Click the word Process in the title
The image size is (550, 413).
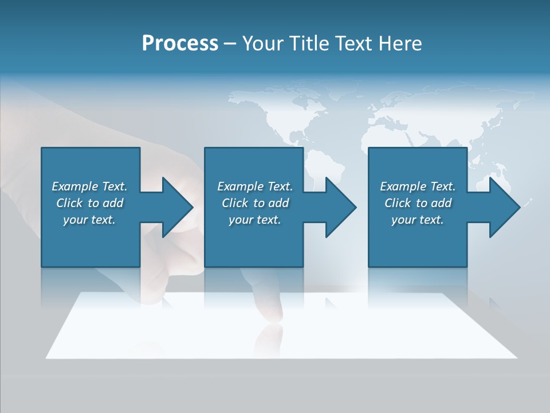click(x=180, y=44)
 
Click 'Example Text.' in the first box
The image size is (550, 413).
click(x=89, y=186)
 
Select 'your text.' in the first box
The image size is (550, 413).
click(x=89, y=220)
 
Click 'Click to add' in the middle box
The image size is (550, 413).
click(x=255, y=203)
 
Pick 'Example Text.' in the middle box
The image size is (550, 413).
click(x=255, y=186)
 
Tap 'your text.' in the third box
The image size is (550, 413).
click(x=417, y=220)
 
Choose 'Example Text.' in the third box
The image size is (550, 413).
click(x=417, y=186)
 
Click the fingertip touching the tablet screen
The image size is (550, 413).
click(x=269, y=313)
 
